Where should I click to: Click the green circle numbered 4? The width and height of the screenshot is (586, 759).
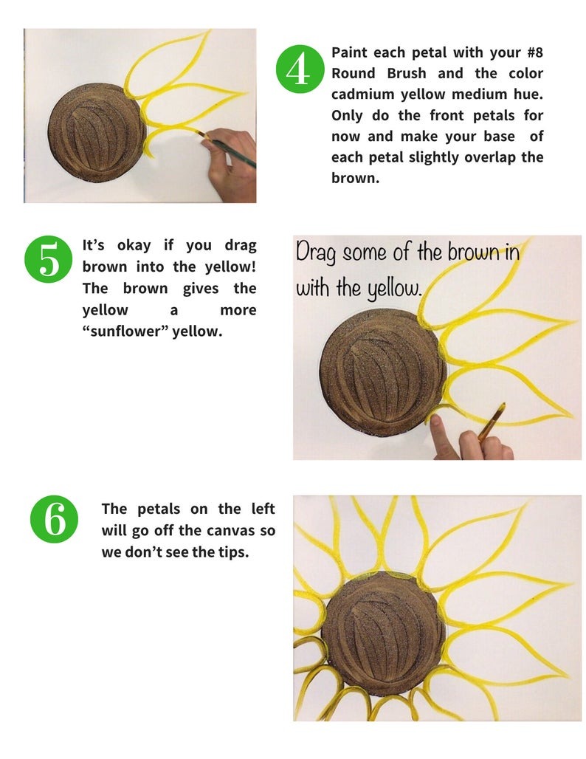click(300, 69)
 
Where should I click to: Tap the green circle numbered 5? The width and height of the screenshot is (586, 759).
click(48, 259)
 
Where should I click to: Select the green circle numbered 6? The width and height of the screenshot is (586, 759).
click(54, 519)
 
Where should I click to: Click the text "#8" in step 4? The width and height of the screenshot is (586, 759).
click(535, 52)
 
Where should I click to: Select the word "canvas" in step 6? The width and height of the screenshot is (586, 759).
click(230, 531)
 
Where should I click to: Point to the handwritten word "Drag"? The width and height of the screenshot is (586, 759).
click(315, 253)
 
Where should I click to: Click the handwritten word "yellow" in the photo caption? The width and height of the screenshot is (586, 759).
click(393, 288)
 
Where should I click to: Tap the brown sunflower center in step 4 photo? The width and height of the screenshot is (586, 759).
click(96, 133)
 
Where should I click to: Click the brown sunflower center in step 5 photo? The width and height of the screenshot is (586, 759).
click(382, 373)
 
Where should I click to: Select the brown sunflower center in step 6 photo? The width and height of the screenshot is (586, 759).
click(382, 634)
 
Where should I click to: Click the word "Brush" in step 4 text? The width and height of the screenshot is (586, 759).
click(407, 73)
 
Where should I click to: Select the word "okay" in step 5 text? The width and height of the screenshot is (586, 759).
click(134, 245)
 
